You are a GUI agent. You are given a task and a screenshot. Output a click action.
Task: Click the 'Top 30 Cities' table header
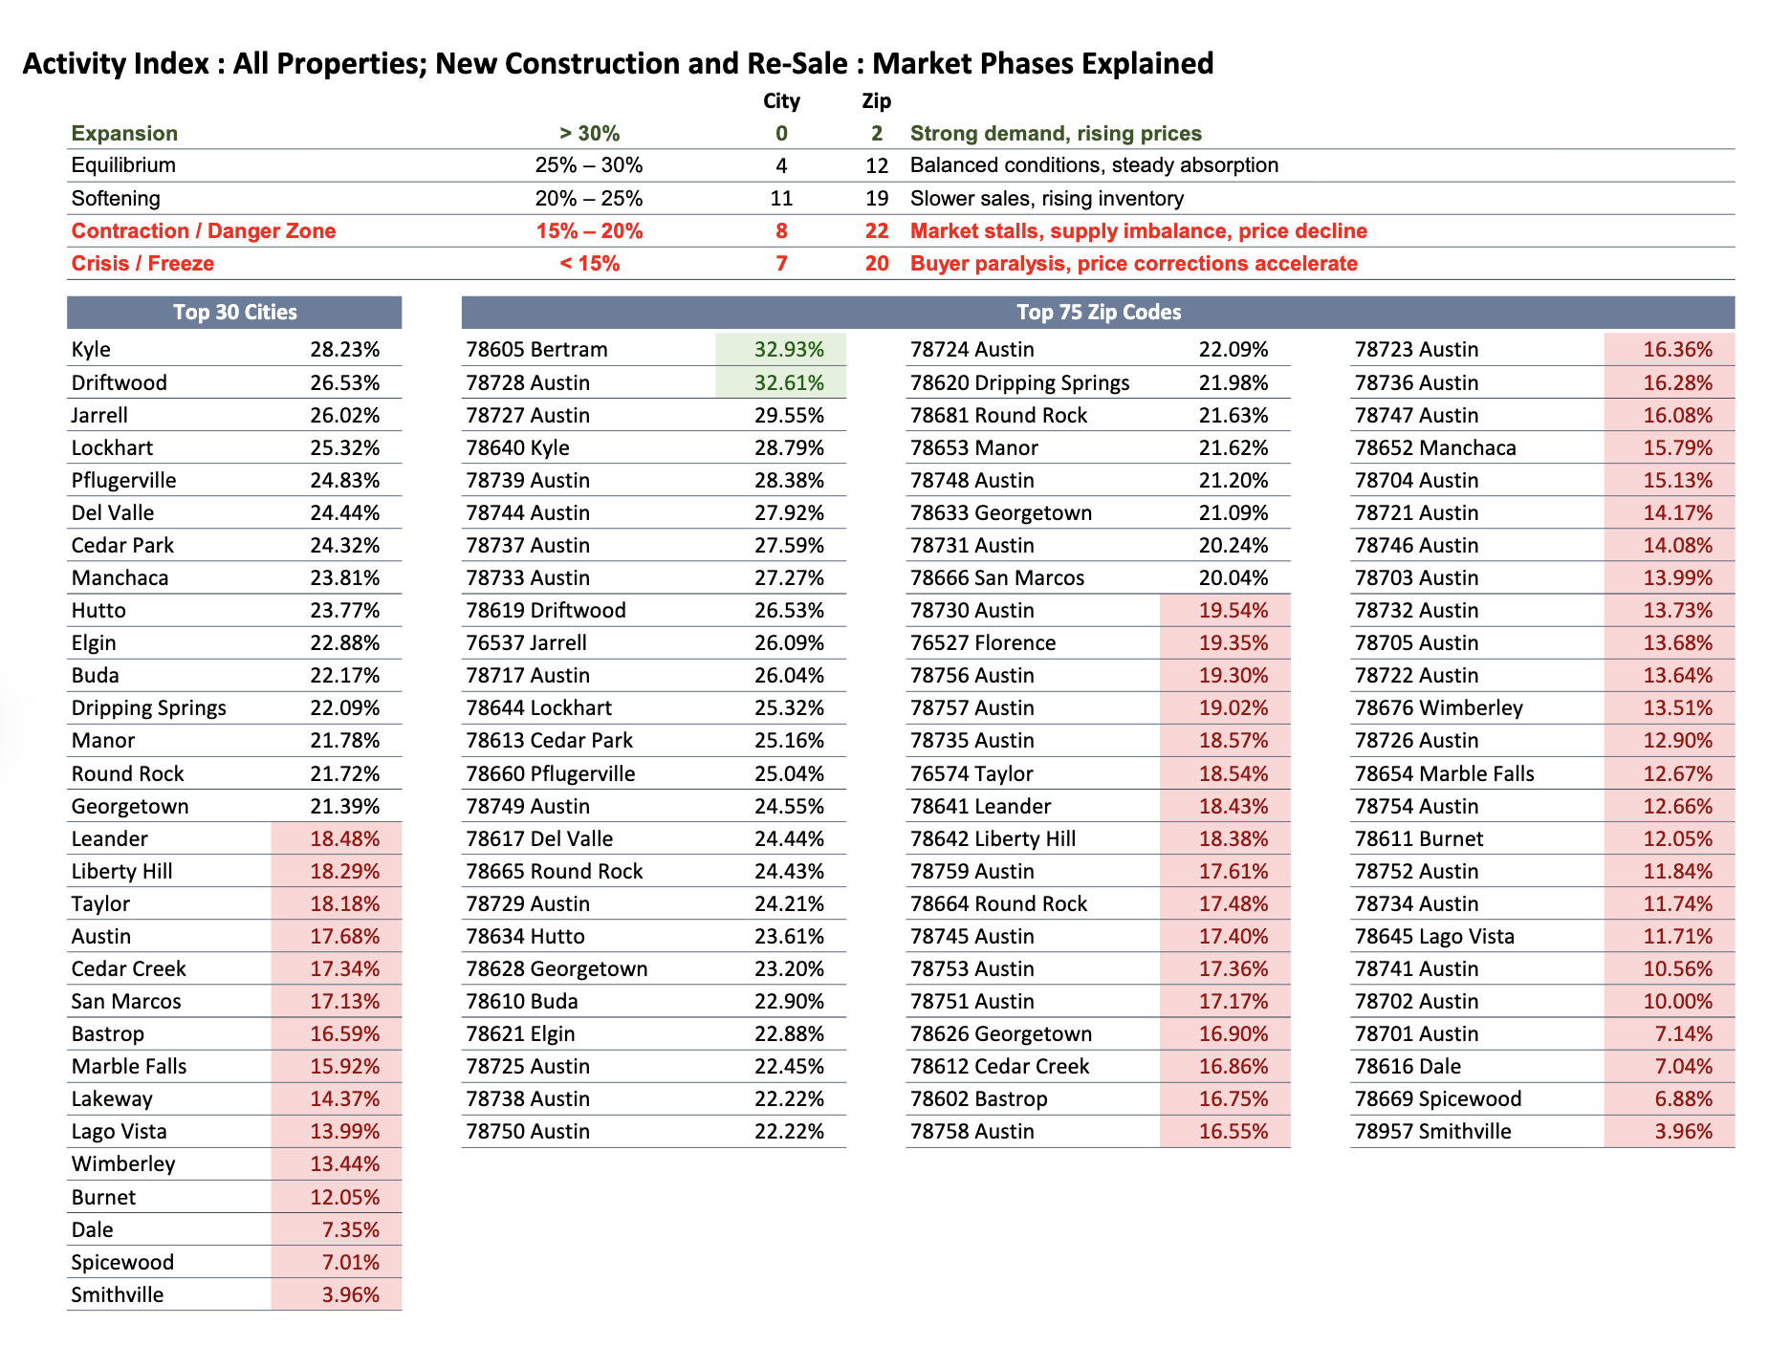(x=234, y=313)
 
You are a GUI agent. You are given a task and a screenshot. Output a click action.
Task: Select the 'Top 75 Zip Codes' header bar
(x=1098, y=313)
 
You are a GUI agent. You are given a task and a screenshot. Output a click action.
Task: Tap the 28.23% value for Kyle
(x=344, y=350)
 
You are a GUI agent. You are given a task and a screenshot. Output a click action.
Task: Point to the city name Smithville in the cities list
(x=118, y=1295)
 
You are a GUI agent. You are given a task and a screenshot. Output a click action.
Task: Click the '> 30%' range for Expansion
(x=589, y=134)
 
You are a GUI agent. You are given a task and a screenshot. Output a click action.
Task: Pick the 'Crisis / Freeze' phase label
(x=142, y=264)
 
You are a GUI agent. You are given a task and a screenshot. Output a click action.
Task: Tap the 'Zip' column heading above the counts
(x=876, y=101)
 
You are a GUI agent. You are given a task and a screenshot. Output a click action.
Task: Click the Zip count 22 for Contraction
(x=876, y=231)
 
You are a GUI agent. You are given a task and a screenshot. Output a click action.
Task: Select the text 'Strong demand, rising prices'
(x=1055, y=134)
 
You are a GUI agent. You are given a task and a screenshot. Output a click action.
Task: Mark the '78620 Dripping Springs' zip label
(x=1019, y=383)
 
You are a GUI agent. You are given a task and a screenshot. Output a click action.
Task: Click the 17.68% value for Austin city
(x=344, y=937)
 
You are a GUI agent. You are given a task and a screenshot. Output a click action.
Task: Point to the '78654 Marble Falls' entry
(x=1444, y=774)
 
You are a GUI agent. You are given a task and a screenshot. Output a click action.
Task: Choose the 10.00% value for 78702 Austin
(x=1677, y=1002)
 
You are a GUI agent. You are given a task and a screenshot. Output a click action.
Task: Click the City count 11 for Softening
(x=781, y=199)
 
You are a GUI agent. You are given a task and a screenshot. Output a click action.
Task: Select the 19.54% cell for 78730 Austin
(x=1233, y=611)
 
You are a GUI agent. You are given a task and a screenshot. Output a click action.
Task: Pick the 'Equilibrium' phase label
(x=123, y=165)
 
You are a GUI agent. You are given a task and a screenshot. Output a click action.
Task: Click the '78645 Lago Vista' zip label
(x=1434, y=937)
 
